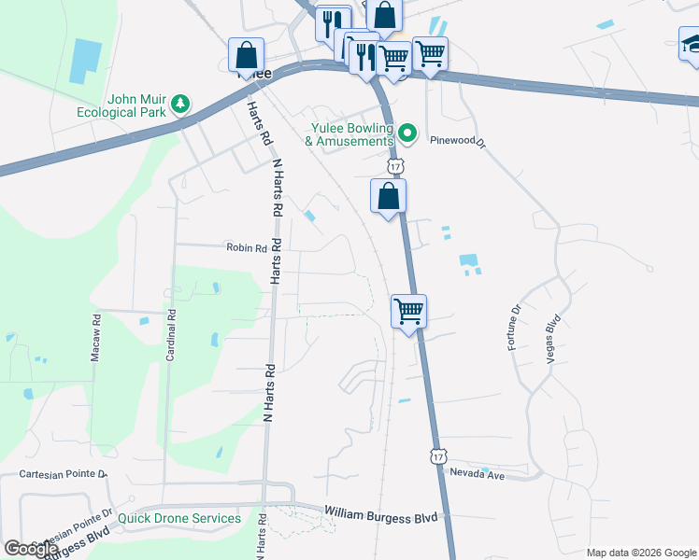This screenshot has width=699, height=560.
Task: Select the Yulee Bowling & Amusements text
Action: coord(349,135)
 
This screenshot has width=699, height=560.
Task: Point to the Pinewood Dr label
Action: coord(458,142)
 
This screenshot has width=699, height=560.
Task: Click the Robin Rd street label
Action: coord(247,248)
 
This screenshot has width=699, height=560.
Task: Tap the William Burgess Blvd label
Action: coord(380,512)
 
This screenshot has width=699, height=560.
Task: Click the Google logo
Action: coord(31,549)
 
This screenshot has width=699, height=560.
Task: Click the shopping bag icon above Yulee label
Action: coord(248,53)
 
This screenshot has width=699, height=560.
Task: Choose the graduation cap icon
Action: coord(691,43)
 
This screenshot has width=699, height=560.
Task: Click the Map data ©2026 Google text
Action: coord(640,553)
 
